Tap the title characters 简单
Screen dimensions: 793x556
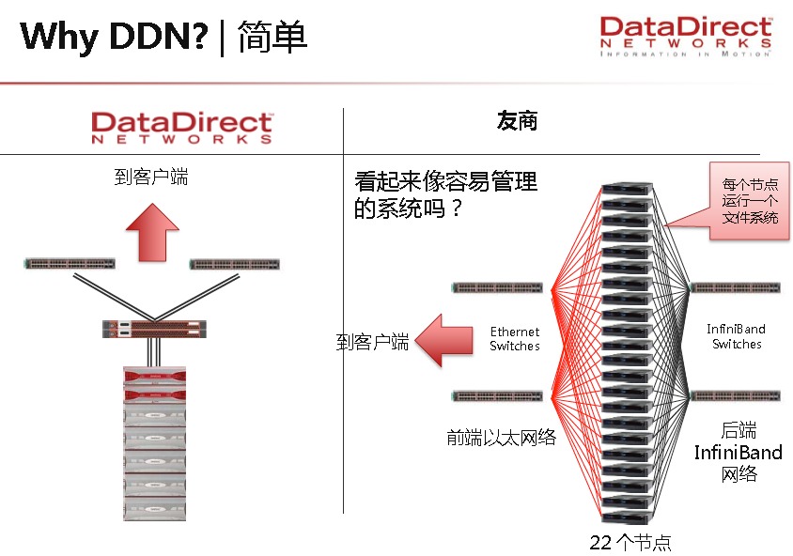tap(272, 37)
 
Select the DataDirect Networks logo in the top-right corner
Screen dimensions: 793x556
tap(686, 37)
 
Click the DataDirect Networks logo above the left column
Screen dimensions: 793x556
tap(181, 128)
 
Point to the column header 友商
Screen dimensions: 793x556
tap(517, 122)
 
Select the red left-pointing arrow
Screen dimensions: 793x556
tap(443, 340)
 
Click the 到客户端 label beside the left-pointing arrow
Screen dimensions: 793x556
tap(372, 342)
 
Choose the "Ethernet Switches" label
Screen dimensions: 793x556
tap(515, 339)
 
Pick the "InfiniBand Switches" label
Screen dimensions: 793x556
tap(736, 336)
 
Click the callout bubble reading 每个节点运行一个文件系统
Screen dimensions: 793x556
tap(749, 200)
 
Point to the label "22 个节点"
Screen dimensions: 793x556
tap(630, 542)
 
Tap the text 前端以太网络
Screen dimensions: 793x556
tap(501, 437)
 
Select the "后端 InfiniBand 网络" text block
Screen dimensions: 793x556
tap(738, 452)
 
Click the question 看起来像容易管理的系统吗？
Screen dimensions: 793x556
tap(445, 193)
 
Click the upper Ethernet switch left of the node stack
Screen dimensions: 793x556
tap(497, 286)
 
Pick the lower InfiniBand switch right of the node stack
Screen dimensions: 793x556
tap(736, 395)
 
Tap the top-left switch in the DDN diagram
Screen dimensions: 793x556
tap(70, 264)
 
